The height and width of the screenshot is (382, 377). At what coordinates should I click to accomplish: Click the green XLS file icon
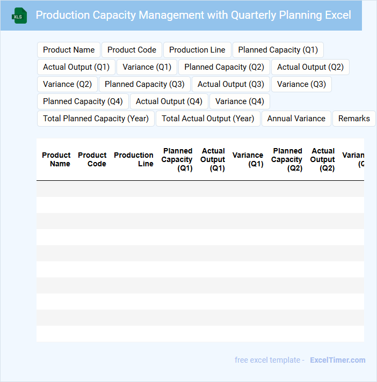coord(19,16)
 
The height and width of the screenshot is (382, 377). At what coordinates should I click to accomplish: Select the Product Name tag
coord(69,50)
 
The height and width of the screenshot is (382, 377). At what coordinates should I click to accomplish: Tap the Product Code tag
coord(132,50)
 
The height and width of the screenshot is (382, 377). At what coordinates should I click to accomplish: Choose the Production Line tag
coord(197,50)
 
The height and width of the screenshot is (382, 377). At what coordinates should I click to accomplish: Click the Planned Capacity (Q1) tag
coord(278,50)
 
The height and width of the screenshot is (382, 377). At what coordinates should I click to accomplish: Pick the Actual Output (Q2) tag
coord(310,67)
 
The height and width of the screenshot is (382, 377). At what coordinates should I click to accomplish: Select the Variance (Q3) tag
coord(301,84)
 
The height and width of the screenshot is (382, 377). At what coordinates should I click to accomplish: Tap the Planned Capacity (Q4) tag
coord(83,101)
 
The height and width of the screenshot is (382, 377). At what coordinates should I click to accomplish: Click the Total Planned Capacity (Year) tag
coord(96,119)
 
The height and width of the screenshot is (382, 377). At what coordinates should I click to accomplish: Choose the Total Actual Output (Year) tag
coord(208,119)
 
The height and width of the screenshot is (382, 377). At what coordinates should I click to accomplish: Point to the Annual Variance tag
coord(296,119)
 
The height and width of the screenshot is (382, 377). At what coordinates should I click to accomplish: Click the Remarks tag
coord(354,119)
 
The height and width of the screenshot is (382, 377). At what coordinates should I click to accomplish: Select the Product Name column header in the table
coord(56,159)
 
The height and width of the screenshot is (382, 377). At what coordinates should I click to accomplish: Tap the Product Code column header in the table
coord(92,159)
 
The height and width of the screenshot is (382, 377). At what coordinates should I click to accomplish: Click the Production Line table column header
coord(134,159)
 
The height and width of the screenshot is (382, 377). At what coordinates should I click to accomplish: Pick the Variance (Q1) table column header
coord(248,159)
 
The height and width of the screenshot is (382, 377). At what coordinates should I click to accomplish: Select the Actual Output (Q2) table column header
coord(323,159)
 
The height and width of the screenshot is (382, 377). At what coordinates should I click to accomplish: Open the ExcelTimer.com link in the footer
coord(337,360)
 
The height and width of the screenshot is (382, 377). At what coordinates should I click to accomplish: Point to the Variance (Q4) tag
coord(240,101)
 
